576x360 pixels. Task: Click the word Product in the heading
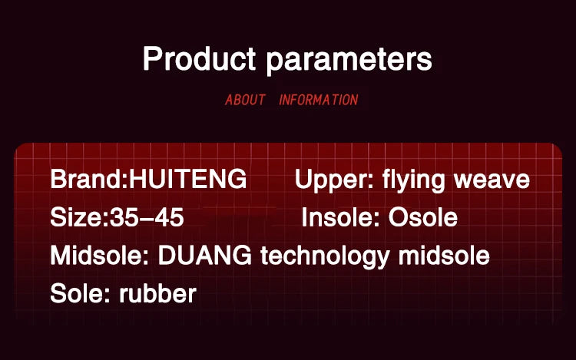(199, 58)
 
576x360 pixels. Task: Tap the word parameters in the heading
(349, 61)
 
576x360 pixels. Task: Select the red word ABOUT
(245, 100)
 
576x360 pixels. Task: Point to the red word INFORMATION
(319, 100)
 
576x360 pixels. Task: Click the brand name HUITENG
(187, 179)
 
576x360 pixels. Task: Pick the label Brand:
(89, 179)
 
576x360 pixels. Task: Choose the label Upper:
(334, 180)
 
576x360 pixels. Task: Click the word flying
(414, 180)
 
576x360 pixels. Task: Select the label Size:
(79, 217)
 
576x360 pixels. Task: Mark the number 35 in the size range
(124, 217)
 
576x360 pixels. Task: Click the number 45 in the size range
(169, 217)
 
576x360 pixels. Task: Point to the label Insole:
(340, 217)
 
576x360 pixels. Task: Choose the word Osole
(423, 217)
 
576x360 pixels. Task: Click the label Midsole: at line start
(100, 256)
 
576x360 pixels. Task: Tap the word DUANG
(205, 256)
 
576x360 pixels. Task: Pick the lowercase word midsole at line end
(444, 256)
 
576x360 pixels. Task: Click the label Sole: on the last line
(80, 293)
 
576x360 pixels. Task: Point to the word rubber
(158, 293)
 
